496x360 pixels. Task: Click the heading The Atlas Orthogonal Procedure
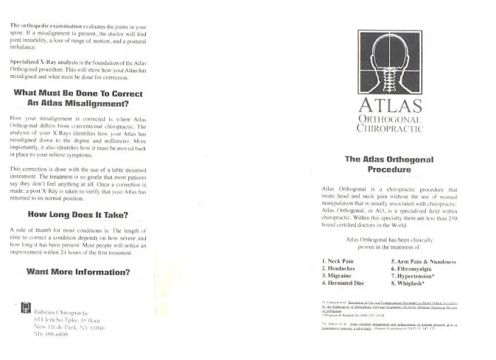coord(389,164)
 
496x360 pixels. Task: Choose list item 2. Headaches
coord(342,269)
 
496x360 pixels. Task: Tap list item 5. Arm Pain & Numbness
coord(423,261)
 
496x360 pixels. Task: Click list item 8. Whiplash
coord(411,283)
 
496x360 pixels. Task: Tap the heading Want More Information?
coord(78,271)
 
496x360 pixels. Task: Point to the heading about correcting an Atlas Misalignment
coord(78,99)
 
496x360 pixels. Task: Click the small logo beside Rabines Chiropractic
coord(26,307)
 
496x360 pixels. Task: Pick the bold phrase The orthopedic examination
coord(44,25)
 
